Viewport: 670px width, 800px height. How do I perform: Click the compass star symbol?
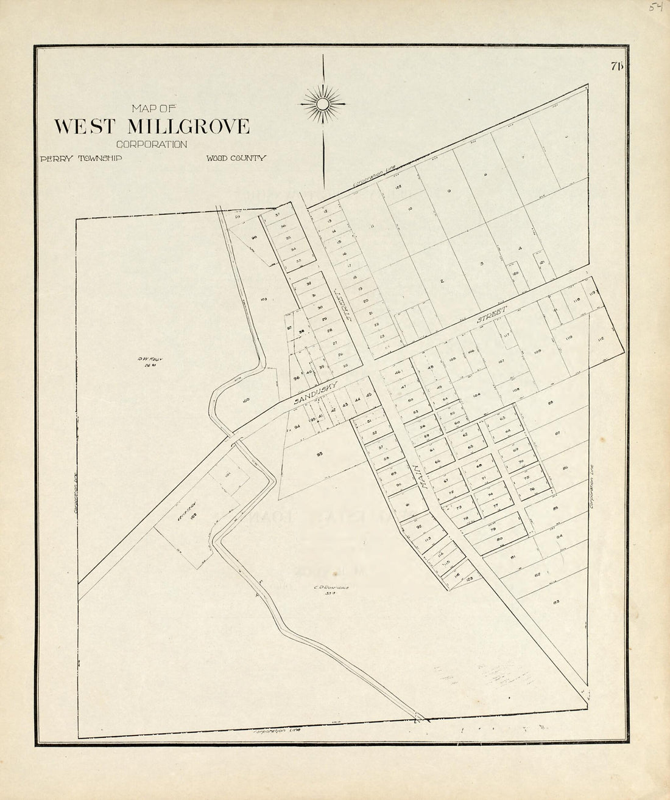[x=322, y=105]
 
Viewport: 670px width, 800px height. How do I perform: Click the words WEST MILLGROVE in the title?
[x=152, y=126]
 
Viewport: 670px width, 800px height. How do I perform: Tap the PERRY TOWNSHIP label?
[x=81, y=158]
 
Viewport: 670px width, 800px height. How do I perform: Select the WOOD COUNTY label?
[x=236, y=158]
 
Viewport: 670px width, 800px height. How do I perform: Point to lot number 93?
[x=319, y=454]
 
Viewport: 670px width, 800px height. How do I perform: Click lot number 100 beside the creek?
[x=246, y=400]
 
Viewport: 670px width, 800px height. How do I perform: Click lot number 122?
[x=397, y=186]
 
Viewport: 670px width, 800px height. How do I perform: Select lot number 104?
[x=476, y=395]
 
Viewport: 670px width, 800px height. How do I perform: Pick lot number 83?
[x=556, y=602]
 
